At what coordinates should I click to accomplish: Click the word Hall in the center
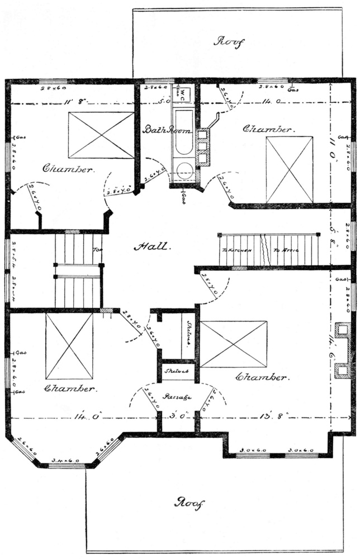tap(148, 245)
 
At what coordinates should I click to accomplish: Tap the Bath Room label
tap(167, 130)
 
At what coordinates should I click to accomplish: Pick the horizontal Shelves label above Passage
tap(178, 371)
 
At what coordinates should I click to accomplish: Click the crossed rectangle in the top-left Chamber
tap(101, 135)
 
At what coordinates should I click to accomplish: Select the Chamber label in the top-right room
tap(267, 129)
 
